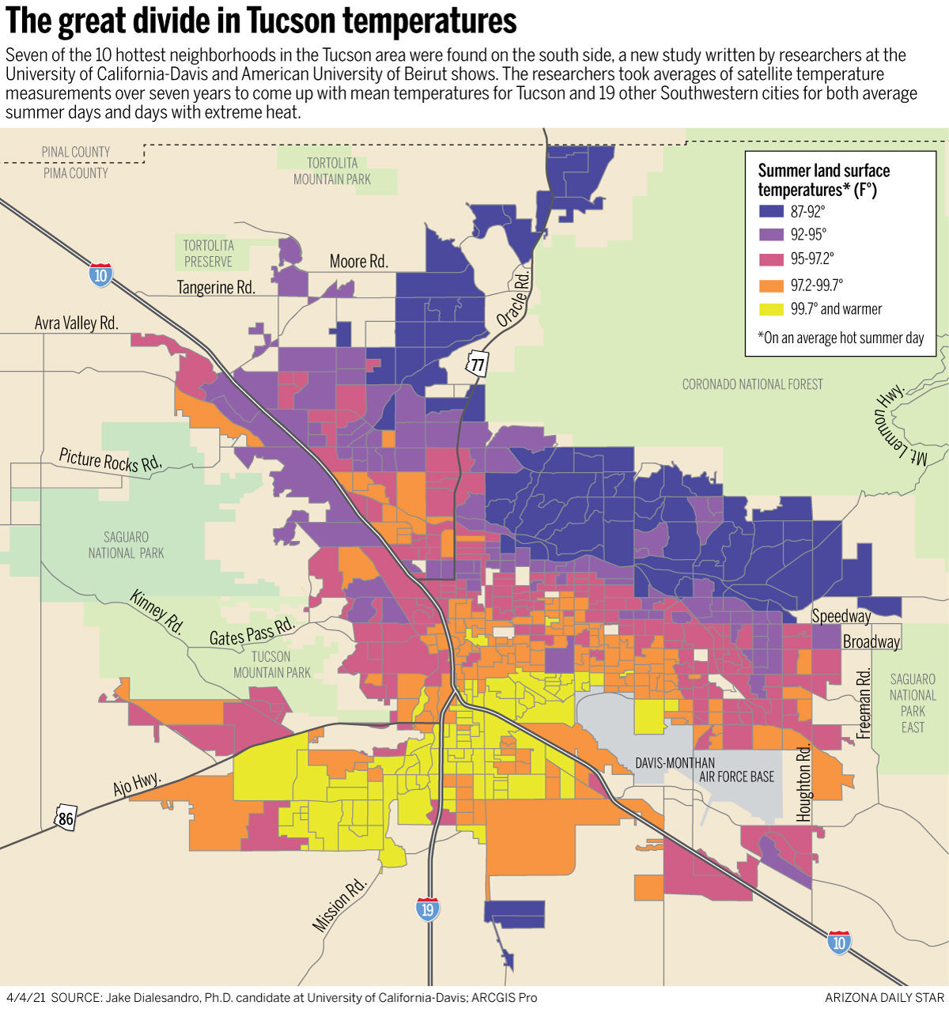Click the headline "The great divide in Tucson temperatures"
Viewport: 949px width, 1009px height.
point(261,21)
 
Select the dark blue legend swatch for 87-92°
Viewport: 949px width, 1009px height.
point(771,212)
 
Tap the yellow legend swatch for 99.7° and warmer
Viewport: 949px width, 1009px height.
point(771,309)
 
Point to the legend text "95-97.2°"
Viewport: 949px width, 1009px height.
point(812,259)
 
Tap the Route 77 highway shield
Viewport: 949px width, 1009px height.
point(477,364)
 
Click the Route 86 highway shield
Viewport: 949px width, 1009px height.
point(66,818)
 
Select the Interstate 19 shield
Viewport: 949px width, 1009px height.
point(428,909)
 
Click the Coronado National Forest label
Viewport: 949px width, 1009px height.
point(752,384)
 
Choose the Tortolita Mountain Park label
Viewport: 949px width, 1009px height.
point(332,172)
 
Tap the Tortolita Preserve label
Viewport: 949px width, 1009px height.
point(208,254)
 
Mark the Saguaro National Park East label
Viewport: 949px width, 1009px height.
point(913,703)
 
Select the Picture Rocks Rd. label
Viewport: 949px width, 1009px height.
point(110,460)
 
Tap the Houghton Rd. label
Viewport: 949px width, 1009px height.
point(804,783)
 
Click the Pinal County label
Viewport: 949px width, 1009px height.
point(76,152)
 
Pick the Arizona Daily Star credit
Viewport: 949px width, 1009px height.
point(884,997)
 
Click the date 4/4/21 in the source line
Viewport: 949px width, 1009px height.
point(26,997)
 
